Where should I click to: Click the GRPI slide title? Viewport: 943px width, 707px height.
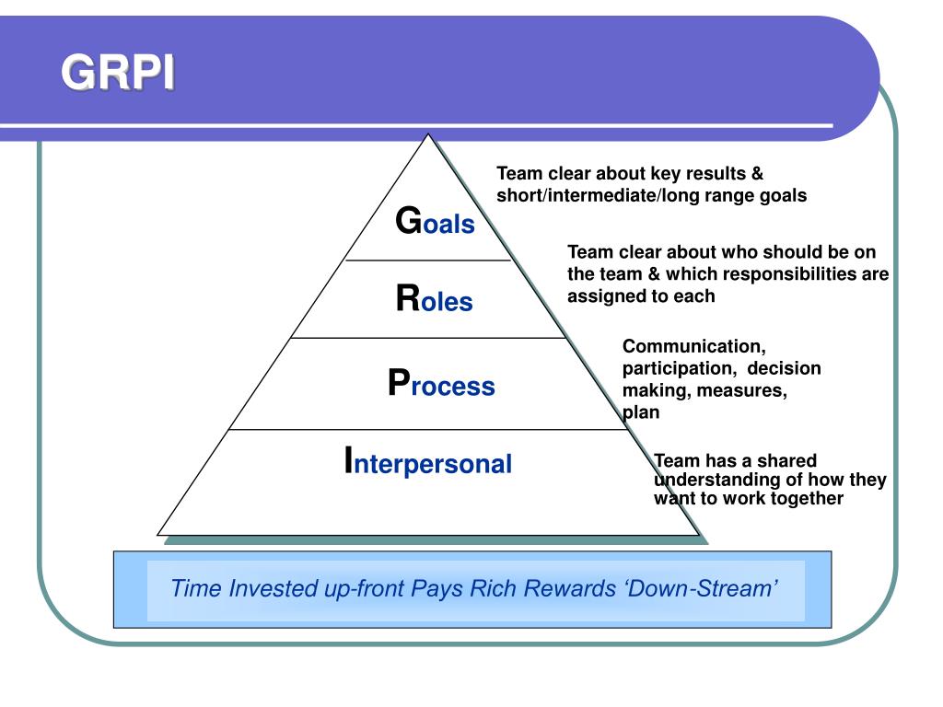(117, 75)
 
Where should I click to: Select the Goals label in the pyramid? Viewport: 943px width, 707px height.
(435, 223)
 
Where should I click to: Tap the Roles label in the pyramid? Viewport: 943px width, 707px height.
(434, 300)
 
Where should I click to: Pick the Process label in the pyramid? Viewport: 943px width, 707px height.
(441, 385)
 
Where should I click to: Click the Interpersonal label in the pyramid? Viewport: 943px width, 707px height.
(427, 462)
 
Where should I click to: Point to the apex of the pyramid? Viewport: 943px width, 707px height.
(427, 136)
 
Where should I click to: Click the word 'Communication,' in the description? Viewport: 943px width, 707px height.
(693, 347)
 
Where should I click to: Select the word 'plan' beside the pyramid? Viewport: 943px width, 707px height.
(642, 412)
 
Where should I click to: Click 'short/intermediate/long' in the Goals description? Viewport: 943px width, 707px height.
(578, 195)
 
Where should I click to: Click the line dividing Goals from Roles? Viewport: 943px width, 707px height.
(427, 261)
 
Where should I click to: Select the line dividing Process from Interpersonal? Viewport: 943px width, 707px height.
(427, 429)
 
